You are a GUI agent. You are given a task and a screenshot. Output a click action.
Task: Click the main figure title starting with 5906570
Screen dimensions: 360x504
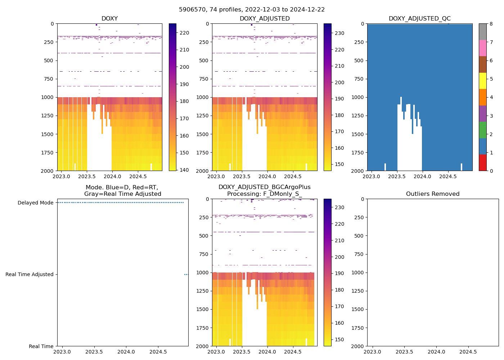[x=252, y=10]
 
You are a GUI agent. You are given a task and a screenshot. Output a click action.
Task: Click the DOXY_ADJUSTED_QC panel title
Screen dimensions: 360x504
[x=419, y=19]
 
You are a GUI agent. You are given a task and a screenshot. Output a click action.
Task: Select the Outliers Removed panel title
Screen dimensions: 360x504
[x=433, y=194]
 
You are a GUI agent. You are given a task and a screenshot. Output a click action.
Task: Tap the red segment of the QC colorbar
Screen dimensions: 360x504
[x=482, y=163]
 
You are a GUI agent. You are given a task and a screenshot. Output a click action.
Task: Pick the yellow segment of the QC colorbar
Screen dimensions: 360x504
[x=482, y=81]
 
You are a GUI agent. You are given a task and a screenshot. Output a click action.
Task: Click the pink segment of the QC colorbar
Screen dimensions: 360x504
[x=482, y=48]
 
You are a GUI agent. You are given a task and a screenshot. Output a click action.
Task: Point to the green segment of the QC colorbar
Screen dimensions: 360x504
[x=482, y=130]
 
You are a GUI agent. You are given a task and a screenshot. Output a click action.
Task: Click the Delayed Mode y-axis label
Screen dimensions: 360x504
[x=35, y=203]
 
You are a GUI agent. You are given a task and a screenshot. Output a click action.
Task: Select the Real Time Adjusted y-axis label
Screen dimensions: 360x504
[x=30, y=274]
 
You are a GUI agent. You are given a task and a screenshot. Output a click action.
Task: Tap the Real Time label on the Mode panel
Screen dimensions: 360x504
[x=41, y=346]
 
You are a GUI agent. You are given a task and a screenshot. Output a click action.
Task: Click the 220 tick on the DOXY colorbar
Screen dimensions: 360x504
[x=184, y=33]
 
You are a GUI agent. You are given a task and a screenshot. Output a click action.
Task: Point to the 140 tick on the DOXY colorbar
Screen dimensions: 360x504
[x=184, y=170]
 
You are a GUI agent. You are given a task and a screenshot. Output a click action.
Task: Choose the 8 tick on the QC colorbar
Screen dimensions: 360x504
[x=491, y=24]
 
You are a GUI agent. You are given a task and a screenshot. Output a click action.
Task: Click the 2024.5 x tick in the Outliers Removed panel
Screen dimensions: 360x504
[x=468, y=352]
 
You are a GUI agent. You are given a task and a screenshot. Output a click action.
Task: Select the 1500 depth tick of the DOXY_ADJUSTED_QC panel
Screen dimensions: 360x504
[x=358, y=134]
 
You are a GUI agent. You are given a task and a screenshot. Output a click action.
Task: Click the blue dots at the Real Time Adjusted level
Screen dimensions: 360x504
[x=186, y=274]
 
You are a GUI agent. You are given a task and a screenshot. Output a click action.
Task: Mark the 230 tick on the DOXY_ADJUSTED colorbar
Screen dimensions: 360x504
[x=339, y=33]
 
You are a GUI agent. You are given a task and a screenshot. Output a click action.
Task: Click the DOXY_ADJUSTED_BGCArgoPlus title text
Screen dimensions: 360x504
[x=264, y=187]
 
